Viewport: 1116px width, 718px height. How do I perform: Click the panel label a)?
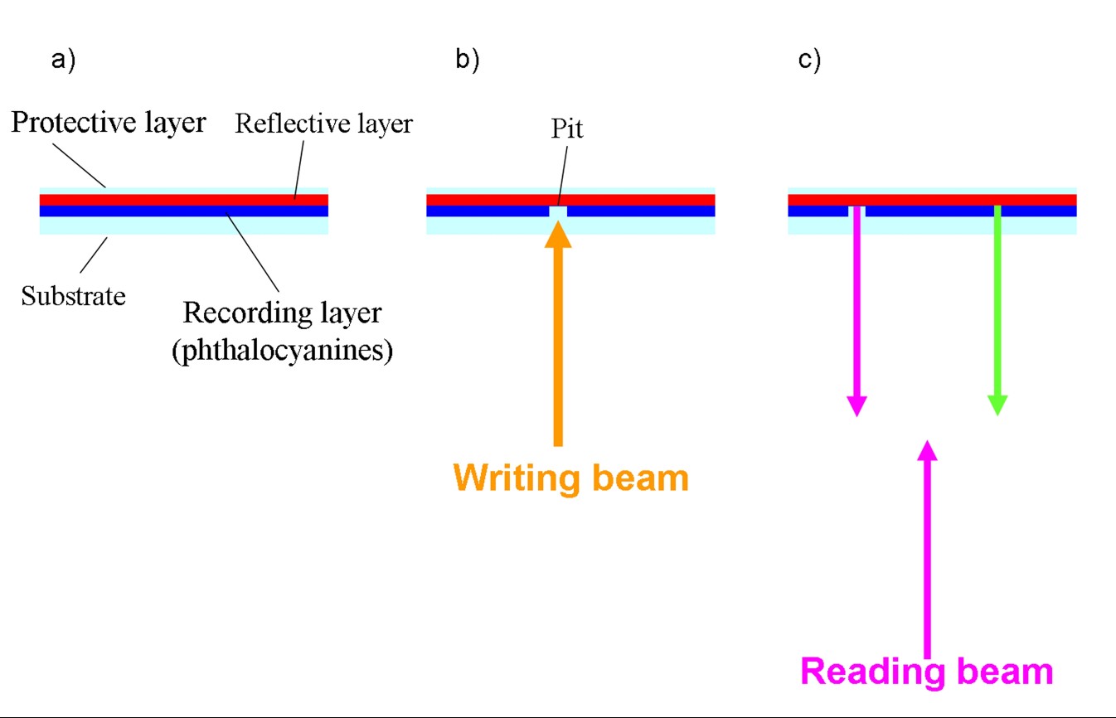(x=63, y=61)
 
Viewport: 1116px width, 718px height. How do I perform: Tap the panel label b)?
(x=468, y=61)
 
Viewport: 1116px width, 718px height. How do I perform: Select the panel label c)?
(x=809, y=61)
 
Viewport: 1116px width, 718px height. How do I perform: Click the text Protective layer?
(x=109, y=123)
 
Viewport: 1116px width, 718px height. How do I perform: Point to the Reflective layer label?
(x=323, y=124)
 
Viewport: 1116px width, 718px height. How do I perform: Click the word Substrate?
(x=73, y=296)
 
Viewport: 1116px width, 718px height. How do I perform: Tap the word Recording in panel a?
(x=235, y=313)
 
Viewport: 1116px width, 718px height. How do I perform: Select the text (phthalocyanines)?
(x=282, y=350)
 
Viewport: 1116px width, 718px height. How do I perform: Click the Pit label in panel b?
(x=566, y=129)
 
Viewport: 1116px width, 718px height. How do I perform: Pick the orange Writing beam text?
(x=571, y=478)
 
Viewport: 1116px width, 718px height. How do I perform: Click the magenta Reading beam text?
(x=927, y=671)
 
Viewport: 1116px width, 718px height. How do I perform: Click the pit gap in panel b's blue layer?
(x=558, y=211)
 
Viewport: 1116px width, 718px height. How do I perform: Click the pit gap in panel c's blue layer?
(x=856, y=211)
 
